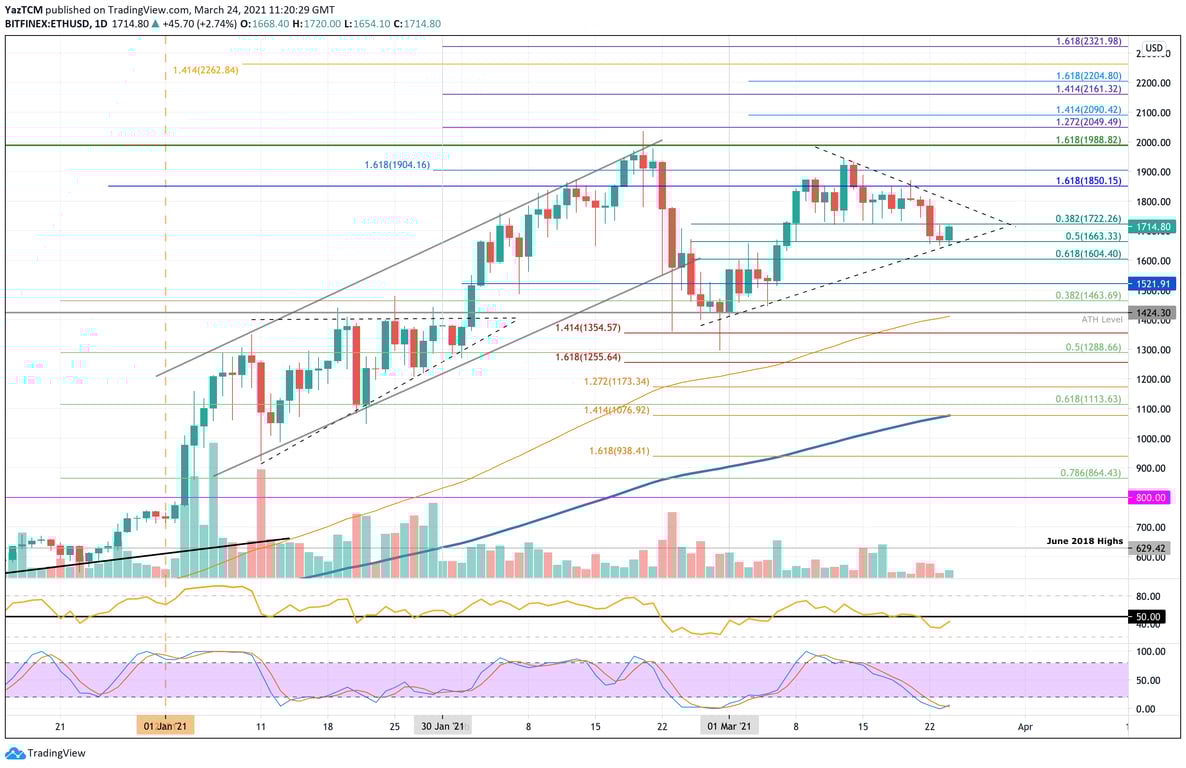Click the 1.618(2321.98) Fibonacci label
[1088, 41]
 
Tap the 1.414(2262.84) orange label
[205, 70]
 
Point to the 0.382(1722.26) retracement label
[1088, 218]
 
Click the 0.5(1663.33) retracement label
[1092, 236]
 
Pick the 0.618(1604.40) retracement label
[1088, 255]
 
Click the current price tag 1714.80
[1153, 227]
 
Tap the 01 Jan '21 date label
[166, 726]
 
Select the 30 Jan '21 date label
[440, 726]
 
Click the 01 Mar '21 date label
[729, 726]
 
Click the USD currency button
[1153, 48]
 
